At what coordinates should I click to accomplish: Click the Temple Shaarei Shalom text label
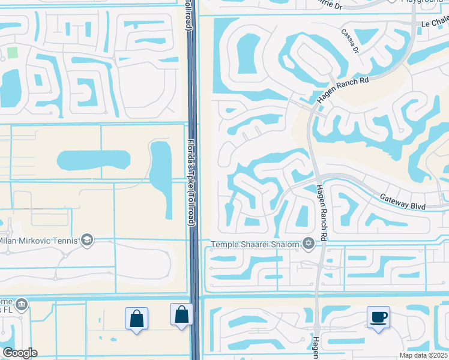[255, 244]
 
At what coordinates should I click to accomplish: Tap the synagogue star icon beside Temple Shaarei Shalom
[309, 243]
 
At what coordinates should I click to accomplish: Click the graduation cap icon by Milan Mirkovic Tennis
[87, 240]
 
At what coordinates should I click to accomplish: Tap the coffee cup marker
[378, 318]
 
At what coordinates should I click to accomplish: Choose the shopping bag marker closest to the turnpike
[181, 316]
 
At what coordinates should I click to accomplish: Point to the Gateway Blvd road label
[403, 202]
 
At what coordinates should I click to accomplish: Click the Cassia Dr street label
[349, 41]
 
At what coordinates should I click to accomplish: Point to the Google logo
[19, 353]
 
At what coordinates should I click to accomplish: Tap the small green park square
[13, 52]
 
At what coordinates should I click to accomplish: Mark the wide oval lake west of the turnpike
[93, 160]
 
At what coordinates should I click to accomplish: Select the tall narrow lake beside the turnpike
[160, 172]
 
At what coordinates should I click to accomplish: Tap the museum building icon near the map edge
[22, 304]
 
